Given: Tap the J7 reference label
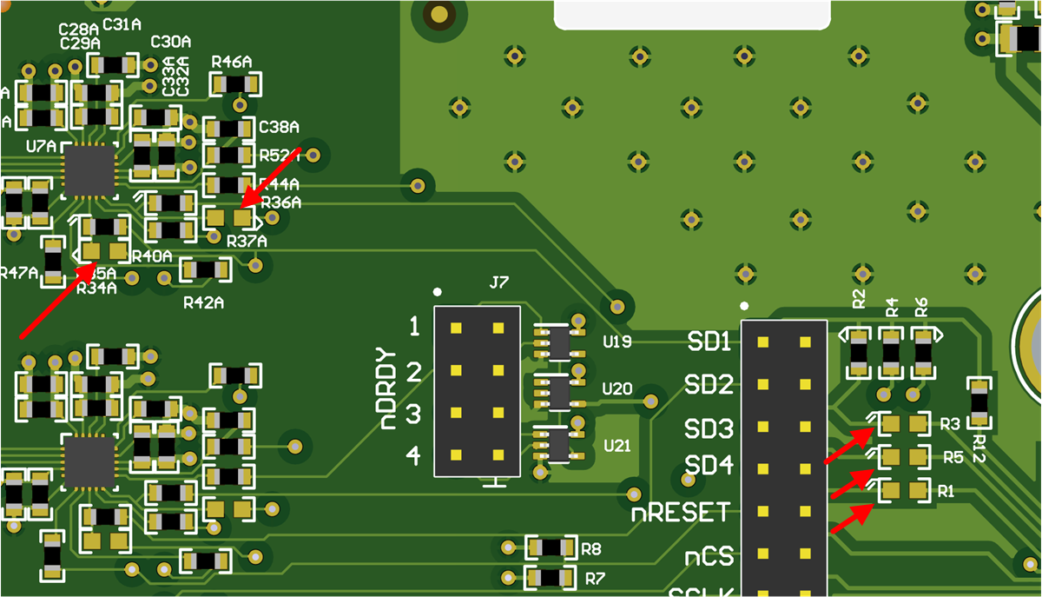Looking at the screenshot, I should (498, 283).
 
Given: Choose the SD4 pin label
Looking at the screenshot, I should (709, 467).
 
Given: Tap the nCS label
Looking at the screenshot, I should (708, 556).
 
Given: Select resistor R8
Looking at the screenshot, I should (551, 547).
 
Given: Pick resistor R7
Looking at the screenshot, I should (551, 577).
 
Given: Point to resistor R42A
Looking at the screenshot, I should (206, 270).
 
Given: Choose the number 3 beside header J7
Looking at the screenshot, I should (414, 414).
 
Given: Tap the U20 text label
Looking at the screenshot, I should (617, 388).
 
